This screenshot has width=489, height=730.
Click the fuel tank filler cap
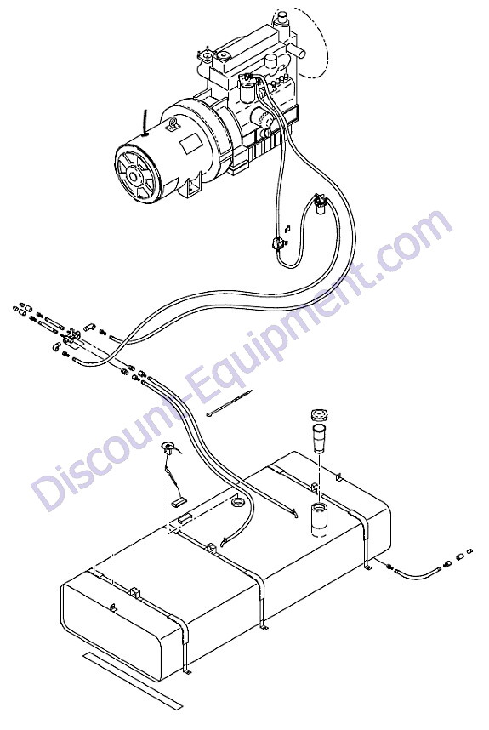tap(319, 413)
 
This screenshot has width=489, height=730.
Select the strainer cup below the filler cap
tap(319, 438)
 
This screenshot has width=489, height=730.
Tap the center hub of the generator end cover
tap(134, 176)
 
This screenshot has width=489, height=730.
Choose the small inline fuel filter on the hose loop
tap(319, 205)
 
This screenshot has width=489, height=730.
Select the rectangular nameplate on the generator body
tap(190, 145)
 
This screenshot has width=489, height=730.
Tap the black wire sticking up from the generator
tap(145, 123)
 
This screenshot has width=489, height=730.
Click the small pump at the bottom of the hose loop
tap(278, 242)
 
